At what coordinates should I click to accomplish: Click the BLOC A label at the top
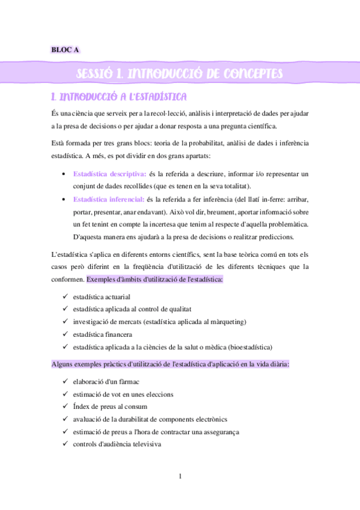[66, 50]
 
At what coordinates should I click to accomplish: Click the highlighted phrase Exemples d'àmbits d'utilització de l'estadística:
[155, 279]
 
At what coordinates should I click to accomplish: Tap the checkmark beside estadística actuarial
[65, 297]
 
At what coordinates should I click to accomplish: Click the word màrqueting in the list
[224, 322]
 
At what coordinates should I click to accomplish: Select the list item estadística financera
[102, 334]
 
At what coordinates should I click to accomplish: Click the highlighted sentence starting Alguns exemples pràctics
[171, 364]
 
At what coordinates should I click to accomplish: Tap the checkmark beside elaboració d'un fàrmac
[65, 382]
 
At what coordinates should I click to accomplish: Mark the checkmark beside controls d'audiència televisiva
[65, 445]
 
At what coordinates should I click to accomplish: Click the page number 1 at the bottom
[180, 477]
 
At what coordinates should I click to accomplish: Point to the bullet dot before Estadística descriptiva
[65, 174]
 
